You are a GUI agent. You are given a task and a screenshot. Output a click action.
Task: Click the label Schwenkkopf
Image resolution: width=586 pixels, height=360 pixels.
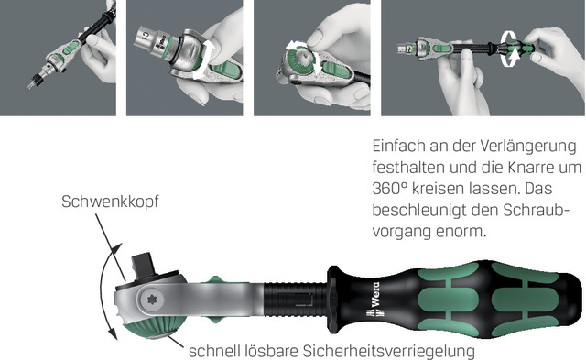[x=110, y=202]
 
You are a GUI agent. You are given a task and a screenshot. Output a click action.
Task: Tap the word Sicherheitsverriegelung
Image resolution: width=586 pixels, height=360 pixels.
[x=388, y=351]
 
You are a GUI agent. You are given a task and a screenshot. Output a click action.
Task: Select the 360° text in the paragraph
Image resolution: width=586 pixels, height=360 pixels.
[x=389, y=189]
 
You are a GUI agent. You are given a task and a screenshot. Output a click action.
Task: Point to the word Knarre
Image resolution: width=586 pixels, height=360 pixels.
[x=533, y=167]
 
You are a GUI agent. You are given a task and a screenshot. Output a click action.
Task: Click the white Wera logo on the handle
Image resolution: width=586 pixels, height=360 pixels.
[x=374, y=300]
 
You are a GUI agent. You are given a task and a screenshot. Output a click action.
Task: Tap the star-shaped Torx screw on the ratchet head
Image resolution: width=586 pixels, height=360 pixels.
[x=152, y=300]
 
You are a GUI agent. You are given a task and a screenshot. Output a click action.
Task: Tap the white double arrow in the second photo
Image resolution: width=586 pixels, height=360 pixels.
[x=202, y=60]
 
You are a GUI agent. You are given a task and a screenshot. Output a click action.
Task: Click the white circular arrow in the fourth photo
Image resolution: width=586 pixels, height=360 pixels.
[x=510, y=49]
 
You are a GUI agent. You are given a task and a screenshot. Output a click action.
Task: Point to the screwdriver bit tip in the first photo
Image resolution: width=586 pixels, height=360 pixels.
[x=29, y=86]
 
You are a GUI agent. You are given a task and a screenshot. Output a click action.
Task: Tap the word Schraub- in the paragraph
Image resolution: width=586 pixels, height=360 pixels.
[x=536, y=210]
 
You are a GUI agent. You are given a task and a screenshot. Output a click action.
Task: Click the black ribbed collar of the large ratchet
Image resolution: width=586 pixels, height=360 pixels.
[x=295, y=300]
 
